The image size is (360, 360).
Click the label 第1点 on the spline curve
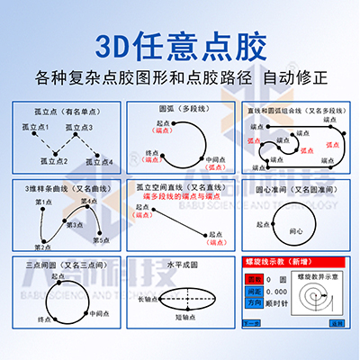click(x=42, y=203)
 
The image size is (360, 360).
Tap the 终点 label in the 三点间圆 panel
click(x=33, y=319)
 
